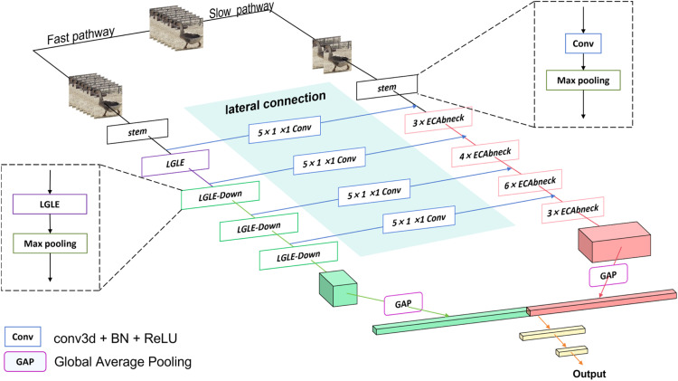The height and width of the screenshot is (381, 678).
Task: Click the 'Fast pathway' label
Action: [80, 36]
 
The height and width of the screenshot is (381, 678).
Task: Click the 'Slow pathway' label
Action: [241, 10]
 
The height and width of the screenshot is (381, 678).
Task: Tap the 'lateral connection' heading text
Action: [276, 102]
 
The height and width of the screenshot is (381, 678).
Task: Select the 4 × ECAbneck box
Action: [485, 154]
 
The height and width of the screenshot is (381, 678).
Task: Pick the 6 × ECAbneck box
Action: [530, 183]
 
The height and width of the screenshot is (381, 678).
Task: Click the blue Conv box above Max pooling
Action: [583, 43]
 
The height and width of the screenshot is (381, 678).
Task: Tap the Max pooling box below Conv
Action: [583, 81]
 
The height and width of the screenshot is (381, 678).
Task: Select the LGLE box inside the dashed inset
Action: [50, 204]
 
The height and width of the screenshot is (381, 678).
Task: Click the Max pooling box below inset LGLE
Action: [50, 243]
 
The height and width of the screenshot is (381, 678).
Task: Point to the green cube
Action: [338, 289]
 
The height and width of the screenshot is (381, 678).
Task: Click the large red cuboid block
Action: [615, 242]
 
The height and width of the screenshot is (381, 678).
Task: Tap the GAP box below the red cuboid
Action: [608, 275]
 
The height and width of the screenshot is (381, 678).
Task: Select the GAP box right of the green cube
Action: [403, 303]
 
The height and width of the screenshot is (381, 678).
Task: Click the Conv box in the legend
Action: [23, 337]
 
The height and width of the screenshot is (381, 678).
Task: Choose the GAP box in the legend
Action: [25, 361]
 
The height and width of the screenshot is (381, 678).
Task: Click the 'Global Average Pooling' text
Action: [123, 361]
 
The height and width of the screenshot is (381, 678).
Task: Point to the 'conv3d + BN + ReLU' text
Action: [116, 338]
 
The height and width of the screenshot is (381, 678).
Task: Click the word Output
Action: [589, 374]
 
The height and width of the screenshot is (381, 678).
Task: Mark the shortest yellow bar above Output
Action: [571, 351]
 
